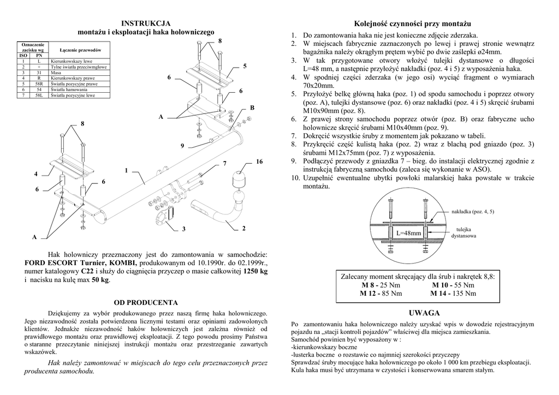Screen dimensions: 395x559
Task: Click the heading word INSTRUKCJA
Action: [146, 23]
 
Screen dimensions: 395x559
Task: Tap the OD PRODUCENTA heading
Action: [146, 302]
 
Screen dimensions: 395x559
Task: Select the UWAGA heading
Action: [424, 313]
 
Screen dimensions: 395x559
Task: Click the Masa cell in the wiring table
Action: [56, 72]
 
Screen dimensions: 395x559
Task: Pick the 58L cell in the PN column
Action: [39, 95]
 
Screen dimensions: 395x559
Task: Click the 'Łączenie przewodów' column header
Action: [80, 50]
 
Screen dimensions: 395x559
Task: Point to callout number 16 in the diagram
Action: [259, 162]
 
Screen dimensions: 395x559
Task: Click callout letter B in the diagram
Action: [252, 107]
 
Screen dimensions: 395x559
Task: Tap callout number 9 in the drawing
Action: [182, 146]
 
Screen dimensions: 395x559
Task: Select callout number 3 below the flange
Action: [184, 228]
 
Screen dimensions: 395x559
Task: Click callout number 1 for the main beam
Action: [126, 170]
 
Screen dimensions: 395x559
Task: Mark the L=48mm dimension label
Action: [408, 233]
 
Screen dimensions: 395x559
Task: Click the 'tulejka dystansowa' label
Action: [463, 232]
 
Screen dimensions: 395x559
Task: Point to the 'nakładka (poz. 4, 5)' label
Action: [474, 211]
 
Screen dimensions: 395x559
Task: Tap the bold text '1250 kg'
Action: [255, 271]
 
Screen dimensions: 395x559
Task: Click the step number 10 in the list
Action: [295, 178]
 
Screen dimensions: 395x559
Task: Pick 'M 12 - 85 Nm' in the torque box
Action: [380, 293]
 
